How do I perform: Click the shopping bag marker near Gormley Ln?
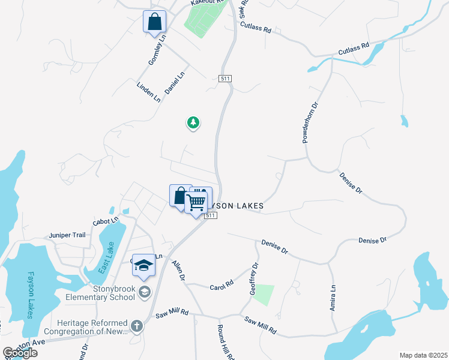[x=154, y=22]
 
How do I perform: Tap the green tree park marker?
[x=193, y=123]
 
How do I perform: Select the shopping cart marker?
[x=196, y=205]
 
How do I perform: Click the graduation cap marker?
[x=143, y=266]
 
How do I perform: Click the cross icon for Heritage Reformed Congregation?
[x=137, y=326]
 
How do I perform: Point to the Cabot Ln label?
[x=89, y=222]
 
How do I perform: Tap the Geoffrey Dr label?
[x=253, y=278]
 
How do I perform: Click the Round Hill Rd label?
[x=226, y=341]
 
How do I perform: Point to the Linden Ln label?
[x=148, y=89]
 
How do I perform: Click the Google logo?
[x=20, y=353]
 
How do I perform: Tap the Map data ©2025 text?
[x=424, y=355]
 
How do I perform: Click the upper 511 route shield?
[x=226, y=79]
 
